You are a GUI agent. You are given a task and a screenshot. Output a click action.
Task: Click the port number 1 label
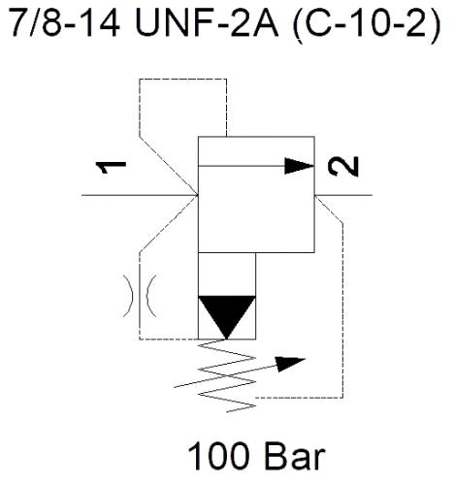point(111,167)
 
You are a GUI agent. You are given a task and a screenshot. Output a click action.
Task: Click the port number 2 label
point(343,167)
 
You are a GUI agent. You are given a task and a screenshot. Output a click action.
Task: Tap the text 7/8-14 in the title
point(64,22)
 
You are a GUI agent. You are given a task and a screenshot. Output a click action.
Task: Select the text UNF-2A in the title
point(207,22)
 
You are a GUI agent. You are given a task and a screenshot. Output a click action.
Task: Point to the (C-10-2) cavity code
point(367,23)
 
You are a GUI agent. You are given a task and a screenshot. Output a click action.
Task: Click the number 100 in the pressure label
point(219,457)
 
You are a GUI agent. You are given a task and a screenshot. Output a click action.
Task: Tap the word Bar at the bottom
point(295,457)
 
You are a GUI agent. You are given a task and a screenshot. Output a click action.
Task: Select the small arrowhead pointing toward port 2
point(299,166)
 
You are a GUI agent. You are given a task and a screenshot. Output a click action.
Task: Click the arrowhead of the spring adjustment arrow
point(290,364)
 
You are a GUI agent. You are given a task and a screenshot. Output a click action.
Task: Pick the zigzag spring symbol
point(227,375)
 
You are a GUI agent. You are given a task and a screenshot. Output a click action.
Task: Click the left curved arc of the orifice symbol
point(129,296)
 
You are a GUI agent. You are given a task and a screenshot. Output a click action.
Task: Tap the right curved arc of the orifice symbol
point(151,296)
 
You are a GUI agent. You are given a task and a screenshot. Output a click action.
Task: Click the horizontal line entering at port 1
point(140,195)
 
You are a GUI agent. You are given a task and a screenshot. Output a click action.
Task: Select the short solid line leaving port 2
point(343,195)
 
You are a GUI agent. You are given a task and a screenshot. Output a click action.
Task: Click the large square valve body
point(256,195)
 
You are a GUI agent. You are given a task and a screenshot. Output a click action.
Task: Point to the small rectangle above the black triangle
point(227,275)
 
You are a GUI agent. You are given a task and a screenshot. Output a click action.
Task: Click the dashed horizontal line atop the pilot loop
point(183,79)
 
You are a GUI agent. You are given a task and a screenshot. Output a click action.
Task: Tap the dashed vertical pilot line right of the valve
point(342,309)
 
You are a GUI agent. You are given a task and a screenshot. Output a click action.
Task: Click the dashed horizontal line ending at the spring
point(299,398)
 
